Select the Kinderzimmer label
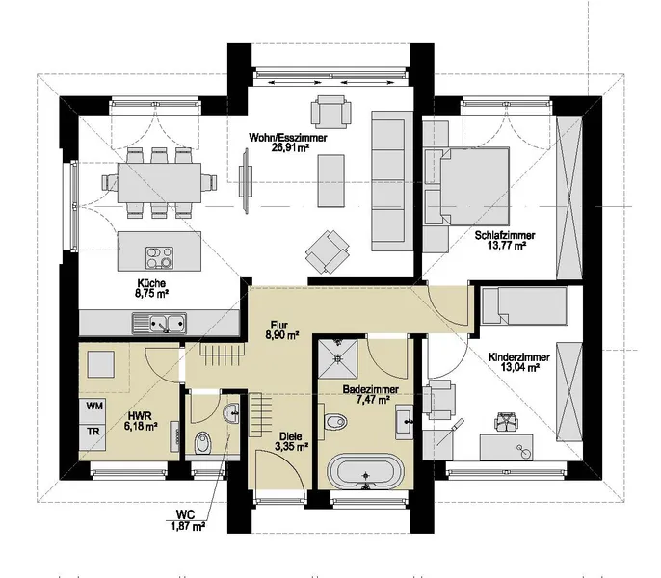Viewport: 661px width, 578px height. point(514,361)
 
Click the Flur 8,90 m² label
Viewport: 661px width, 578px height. point(282,331)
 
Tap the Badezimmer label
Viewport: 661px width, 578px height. point(365,392)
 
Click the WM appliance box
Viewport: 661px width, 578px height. point(94,408)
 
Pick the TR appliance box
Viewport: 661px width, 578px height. point(94,432)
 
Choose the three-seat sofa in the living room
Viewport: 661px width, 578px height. point(389,175)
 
